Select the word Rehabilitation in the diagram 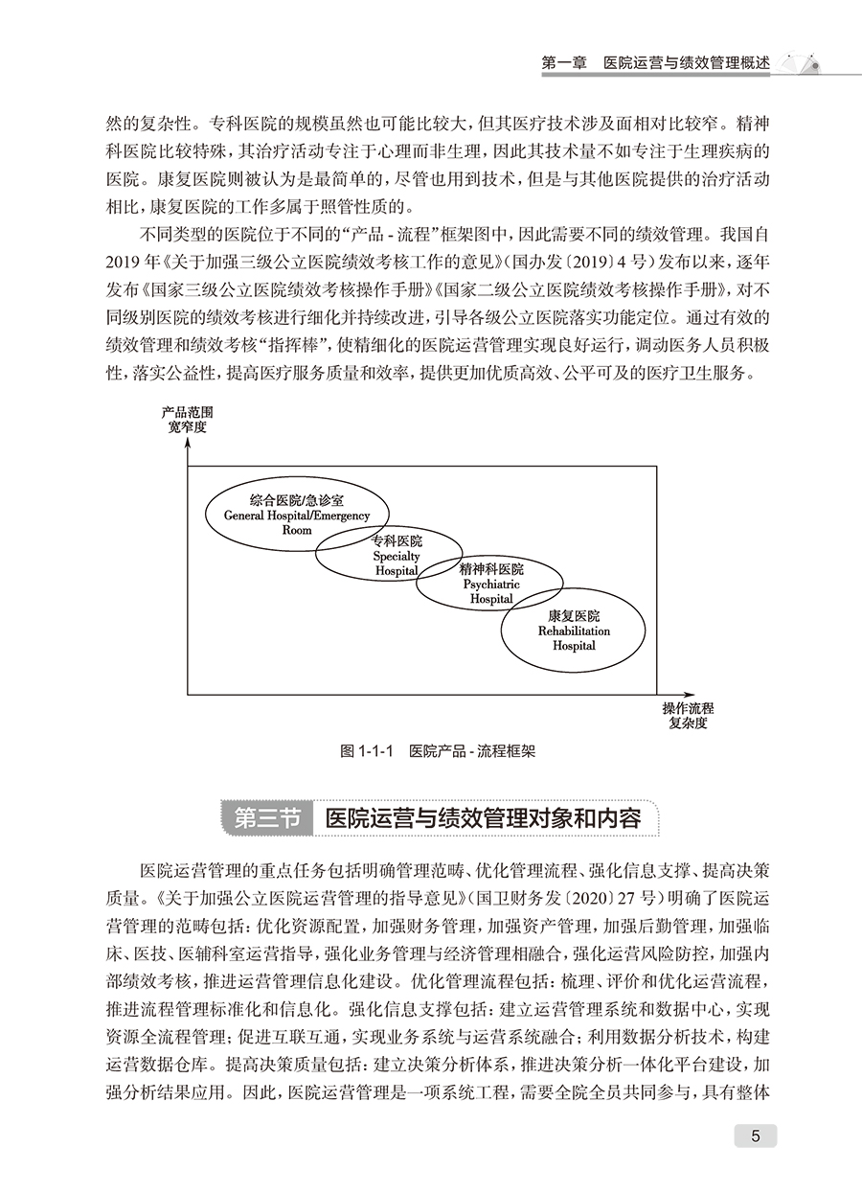574,631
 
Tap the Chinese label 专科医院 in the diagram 397,541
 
